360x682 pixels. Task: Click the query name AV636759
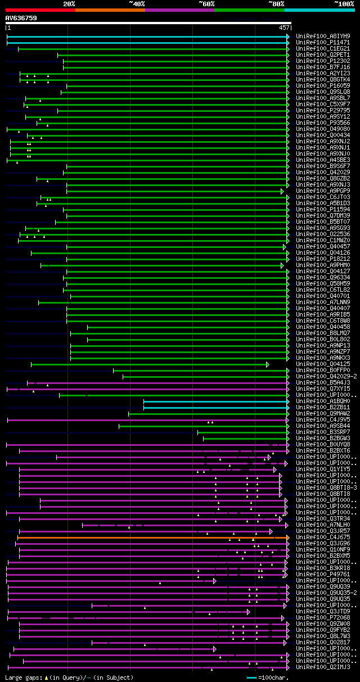[21, 18]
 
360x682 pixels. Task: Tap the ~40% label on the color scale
[137, 4]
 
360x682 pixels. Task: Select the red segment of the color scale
[40, 10]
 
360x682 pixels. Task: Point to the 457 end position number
[284, 28]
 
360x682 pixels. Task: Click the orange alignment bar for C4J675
[152, 538]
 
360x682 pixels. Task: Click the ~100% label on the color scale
[344, 4]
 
